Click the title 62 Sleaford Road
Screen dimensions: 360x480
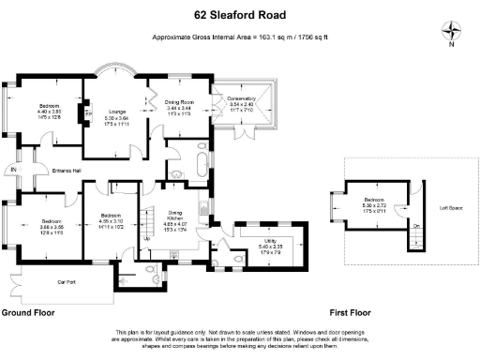(x=239, y=16)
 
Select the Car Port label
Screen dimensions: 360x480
(x=66, y=280)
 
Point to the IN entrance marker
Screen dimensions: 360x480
(x=12, y=170)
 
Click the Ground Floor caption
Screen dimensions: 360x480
(x=27, y=311)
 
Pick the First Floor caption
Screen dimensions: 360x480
(x=351, y=311)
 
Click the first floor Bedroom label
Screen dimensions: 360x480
(x=375, y=201)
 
